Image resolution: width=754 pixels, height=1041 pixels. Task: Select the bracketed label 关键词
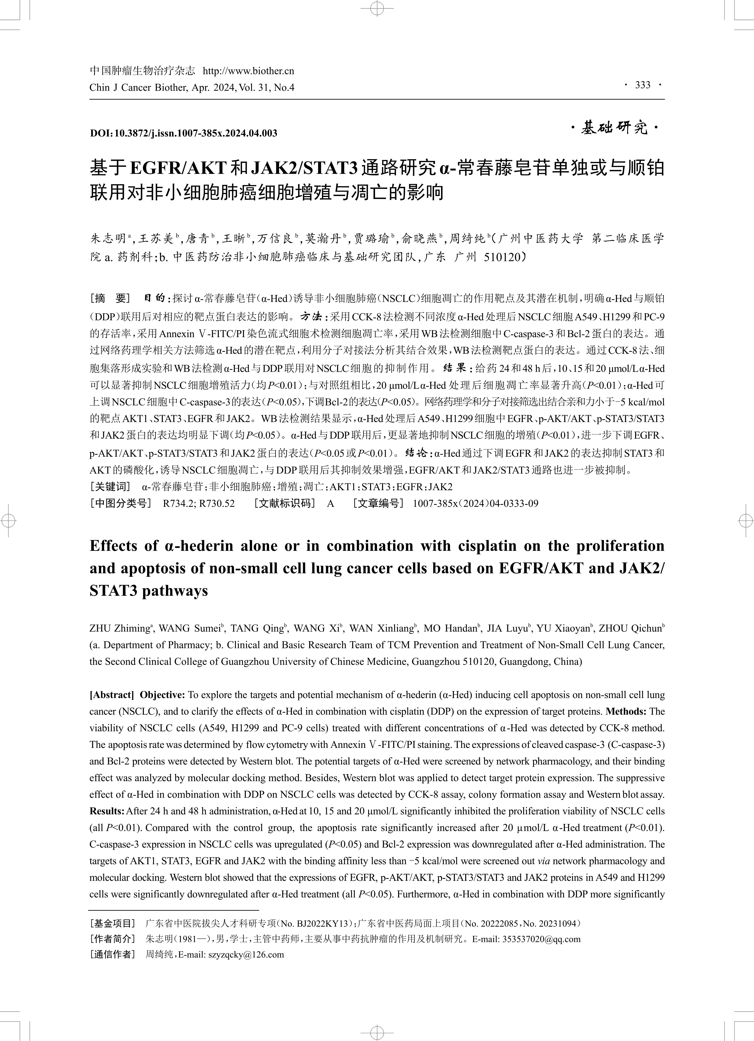(x=110, y=487)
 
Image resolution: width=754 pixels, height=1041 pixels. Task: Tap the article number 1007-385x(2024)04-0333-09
(x=475, y=504)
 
